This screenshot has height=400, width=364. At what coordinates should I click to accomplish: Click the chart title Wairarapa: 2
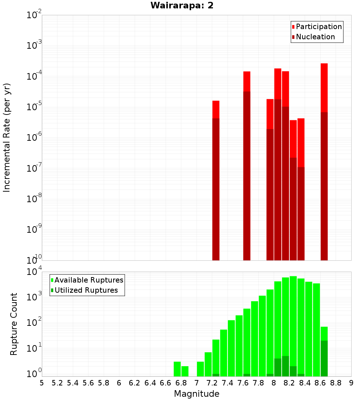(x=182, y=5)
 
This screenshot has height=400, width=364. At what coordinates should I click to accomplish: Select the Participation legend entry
(x=319, y=27)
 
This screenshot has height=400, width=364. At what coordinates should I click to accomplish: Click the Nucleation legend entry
(x=315, y=37)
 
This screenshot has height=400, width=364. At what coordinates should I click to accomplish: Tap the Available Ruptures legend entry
(x=89, y=280)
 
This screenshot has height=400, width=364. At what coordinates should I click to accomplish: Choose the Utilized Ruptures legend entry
(x=86, y=290)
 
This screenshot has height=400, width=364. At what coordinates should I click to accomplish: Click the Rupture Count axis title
(x=14, y=324)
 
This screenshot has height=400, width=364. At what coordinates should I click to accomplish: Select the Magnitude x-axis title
(x=197, y=393)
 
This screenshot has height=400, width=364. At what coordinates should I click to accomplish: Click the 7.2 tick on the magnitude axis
(x=212, y=383)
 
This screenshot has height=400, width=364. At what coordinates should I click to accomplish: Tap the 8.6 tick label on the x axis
(x=320, y=383)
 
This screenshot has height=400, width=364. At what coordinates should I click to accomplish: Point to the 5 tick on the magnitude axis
(x=42, y=383)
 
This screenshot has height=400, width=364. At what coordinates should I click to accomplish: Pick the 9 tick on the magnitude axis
(x=351, y=383)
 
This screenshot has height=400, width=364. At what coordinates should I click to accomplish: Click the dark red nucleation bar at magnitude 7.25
(x=216, y=189)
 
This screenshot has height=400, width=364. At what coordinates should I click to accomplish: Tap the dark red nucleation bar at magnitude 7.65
(x=247, y=175)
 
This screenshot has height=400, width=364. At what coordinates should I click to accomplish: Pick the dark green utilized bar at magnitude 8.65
(x=324, y=358)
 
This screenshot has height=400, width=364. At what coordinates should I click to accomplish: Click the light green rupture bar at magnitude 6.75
(x=177, y=369)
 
